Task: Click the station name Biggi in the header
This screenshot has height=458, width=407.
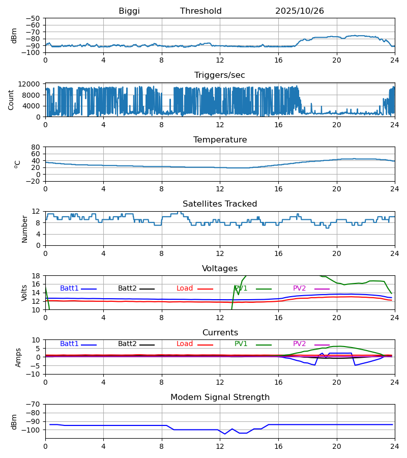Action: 129,11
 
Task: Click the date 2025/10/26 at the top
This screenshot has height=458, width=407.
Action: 299,11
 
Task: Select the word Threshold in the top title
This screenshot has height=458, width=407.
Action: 200,11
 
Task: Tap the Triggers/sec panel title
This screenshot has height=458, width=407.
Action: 220,75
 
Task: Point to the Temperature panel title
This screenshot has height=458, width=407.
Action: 220,140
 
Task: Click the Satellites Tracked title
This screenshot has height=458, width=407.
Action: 220,204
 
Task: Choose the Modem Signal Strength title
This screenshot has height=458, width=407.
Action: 220,397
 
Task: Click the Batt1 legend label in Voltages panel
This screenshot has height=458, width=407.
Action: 69,289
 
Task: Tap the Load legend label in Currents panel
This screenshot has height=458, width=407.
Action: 185,344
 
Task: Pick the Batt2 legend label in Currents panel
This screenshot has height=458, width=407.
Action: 127,344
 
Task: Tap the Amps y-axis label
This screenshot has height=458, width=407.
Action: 19,357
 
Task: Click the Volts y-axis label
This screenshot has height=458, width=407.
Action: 24,293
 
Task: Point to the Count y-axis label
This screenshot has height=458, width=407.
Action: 12,100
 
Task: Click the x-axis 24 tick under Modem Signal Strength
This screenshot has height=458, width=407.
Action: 394,446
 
